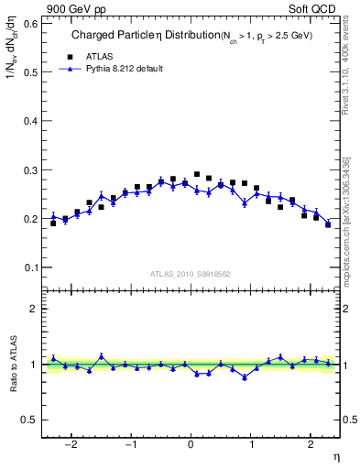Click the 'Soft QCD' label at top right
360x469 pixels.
click(x=316, y=9)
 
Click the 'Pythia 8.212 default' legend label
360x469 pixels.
click(x=124, y=68)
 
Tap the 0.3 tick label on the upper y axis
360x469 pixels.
click(x=27, y=169)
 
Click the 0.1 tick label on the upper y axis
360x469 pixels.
click(x=27, y=267)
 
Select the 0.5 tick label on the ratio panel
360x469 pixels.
click(x=27, y=420)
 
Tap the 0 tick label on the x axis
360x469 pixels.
click(x=191, y=445)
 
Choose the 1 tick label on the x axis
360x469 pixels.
click(x=250, y=445)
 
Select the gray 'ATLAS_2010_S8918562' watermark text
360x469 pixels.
click(x=190, y=273)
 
